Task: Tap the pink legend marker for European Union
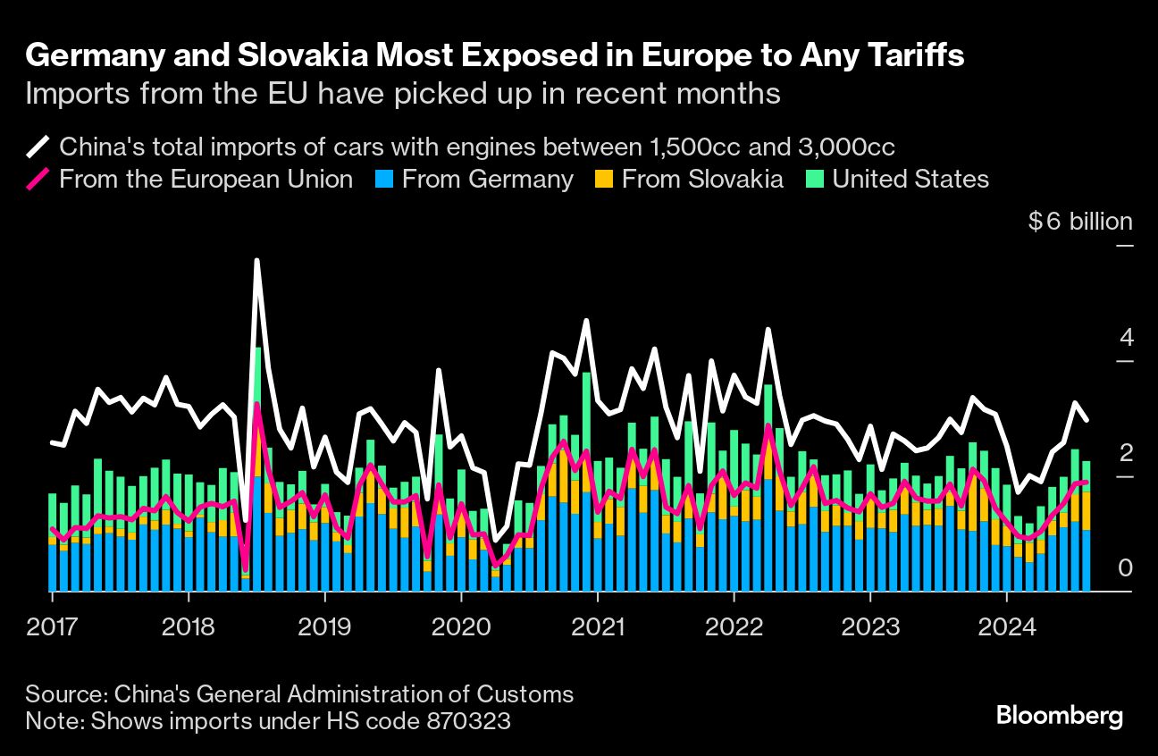coord(38,179)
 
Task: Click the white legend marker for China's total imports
coord(38,147)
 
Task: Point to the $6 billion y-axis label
coord(1079,222)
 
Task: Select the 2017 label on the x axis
coord(52,626)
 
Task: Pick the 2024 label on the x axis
coord(1006,626)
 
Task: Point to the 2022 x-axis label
coord(734,626)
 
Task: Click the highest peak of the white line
coord(256,261)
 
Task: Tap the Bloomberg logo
coord(1059,716)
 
